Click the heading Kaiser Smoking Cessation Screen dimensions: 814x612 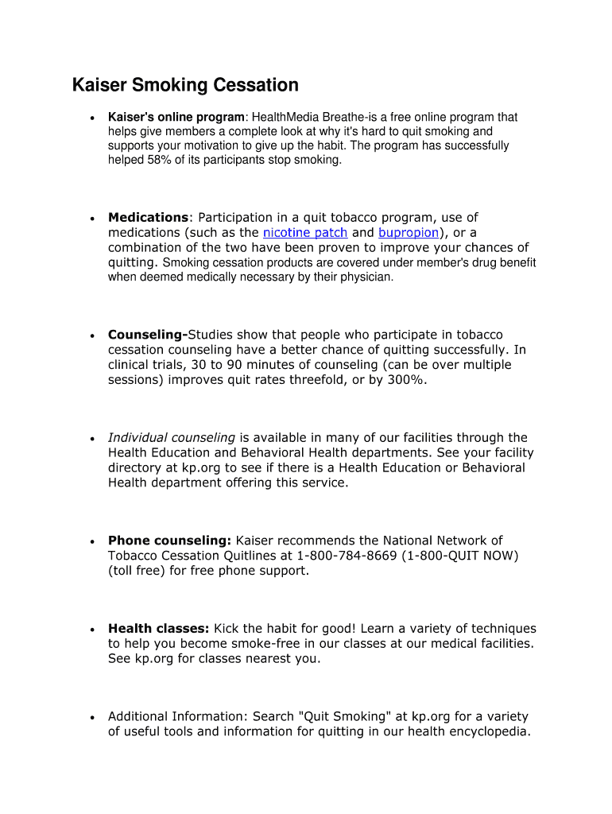pyautogui.click(x=185, y=85)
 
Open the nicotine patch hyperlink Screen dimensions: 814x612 pyautogui.click(x=305, y=233)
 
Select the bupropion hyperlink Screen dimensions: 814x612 pyautogui.click(x=409, y=233)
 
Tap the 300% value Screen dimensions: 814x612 pyautogui.click(x=410, y=380)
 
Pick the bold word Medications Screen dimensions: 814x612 pyautogui.click(x=148, y=218)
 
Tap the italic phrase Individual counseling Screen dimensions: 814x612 pyautogui.click(x=172, y=438)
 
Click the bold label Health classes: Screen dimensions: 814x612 pyautogui.click(x=159, y=629)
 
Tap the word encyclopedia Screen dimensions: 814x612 pyautogui.click(x=486, y=732)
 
